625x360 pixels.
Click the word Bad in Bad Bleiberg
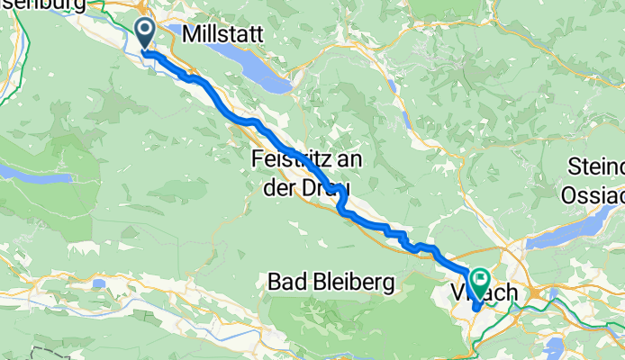[287, 283]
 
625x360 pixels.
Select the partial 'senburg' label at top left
[41, 5]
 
